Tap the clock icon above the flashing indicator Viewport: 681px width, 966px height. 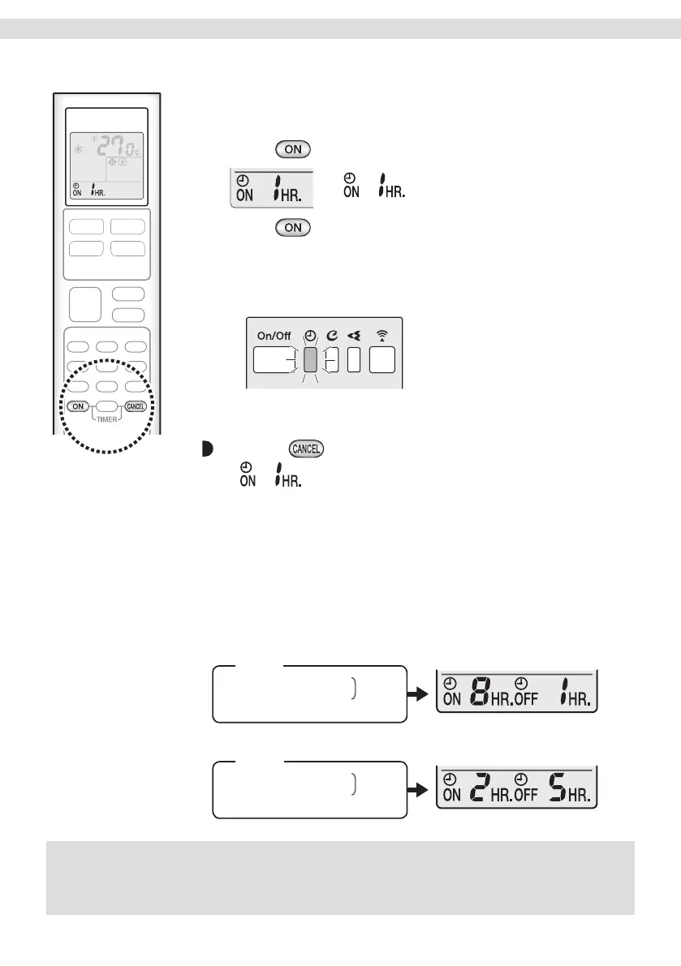pyautogui.click(x=309, y=335)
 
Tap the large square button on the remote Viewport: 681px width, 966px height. pyautogui.click(x=86, y=304)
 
